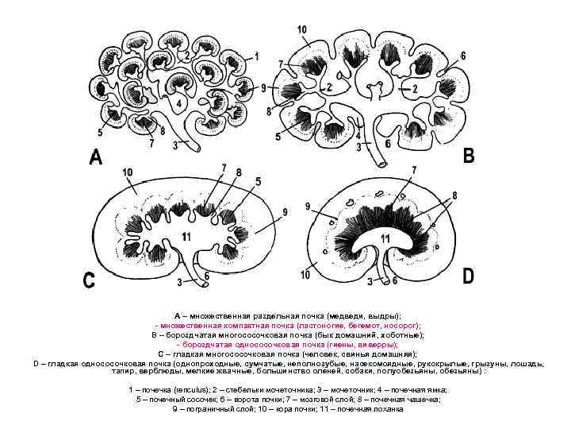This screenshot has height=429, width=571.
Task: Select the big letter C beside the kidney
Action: coord(90,280)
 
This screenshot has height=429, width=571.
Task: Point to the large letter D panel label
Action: coord(469,276)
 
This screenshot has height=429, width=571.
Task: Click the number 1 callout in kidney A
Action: coord(256,56)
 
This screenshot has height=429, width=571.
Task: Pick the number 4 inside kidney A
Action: coord(180,103)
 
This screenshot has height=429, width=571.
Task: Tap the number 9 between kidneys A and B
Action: coord(263,88)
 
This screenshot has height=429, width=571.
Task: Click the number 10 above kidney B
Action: coord(302,31)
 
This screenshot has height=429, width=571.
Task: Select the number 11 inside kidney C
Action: coord(186,237)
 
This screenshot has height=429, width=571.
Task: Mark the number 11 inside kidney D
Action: coord(384,238)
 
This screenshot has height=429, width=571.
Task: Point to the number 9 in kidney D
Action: coord(308,208)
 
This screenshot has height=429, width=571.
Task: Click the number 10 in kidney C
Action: coord(128,172)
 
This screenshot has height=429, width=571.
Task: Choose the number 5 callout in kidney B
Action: coord(278,137)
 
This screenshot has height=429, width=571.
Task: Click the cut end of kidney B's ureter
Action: coord(382,164)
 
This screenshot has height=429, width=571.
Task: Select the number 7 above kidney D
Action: coord(414,170)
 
